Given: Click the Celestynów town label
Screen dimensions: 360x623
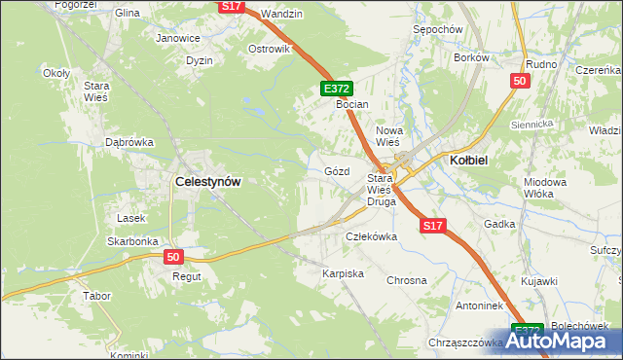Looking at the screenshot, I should (x=207, y=180).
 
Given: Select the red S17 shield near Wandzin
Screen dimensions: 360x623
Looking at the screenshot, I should (x=231, y=6).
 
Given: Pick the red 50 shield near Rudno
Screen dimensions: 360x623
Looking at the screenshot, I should (x=520, y=81).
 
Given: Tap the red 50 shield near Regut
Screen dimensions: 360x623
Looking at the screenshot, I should (x=173, y=257).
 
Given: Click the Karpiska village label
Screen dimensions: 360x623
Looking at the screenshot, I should (x=343, y=273).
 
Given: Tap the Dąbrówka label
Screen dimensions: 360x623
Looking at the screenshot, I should (x=129, y=142).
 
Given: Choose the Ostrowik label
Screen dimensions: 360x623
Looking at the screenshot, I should (x=270, y=49).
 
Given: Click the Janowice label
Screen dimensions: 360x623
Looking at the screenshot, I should (x=178, y=39).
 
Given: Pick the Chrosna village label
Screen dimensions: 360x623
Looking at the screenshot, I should (x=407, y=280).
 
